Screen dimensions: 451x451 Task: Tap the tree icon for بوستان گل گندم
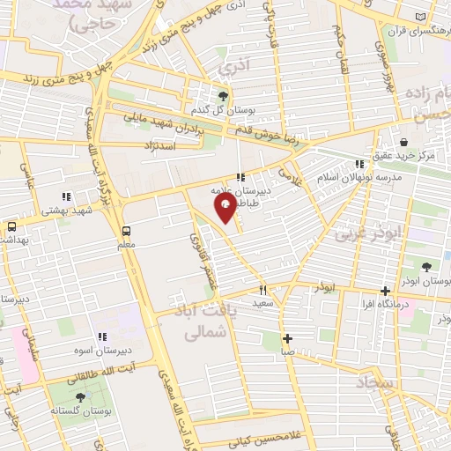[x=223, y=96]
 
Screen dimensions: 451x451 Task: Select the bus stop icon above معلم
[x=126, y=231]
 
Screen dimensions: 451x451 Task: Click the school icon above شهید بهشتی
[x=64, y=196]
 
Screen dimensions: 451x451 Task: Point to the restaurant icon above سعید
[x=262, y=289]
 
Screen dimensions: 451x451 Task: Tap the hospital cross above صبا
[x=287, y=338]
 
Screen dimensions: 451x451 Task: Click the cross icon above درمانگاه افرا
[x=385, y=291]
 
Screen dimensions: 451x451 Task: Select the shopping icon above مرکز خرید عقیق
[x=403, y=142]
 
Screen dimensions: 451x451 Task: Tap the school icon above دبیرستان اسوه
[x=102, y=336]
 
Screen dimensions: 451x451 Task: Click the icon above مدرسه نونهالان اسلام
[x=359, y=163]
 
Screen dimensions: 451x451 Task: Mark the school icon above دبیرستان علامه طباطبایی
[x=240, y=176]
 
